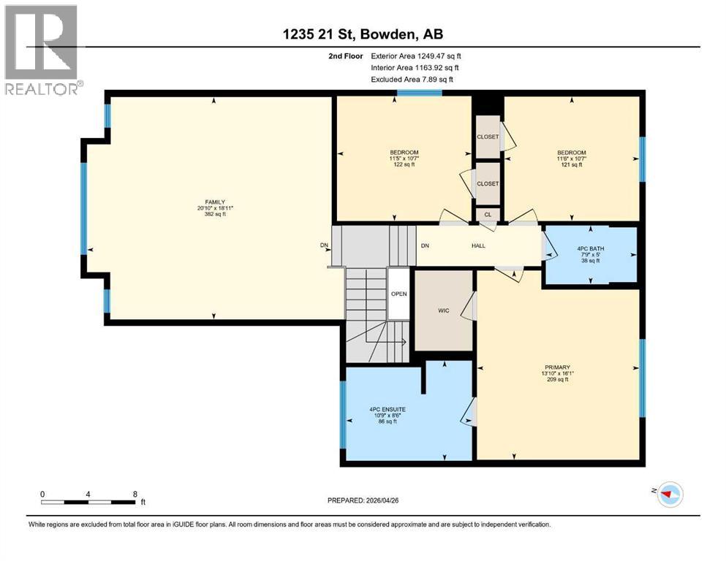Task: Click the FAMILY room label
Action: point(215,202)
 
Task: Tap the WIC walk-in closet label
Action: point(444,310)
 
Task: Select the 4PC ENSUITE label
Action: point(387,409)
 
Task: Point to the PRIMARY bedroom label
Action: point(557,367)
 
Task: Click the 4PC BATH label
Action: point(591,249)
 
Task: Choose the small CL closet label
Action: point(488,215)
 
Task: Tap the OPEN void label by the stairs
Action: point(399,294)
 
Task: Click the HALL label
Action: point(478,245)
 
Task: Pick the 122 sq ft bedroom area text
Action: point(404,164)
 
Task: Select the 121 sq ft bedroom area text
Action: point(571,164)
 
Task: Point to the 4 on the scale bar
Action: point(88,494)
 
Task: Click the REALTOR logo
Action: point(42,50)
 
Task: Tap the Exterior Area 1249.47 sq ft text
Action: point(416,56)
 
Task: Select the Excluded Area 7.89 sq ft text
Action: point(412,79)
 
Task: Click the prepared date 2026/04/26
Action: point(382,500)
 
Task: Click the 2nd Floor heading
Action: point(346,56)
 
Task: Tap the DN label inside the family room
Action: point(324,245)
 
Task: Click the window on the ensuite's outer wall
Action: point(343,414)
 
